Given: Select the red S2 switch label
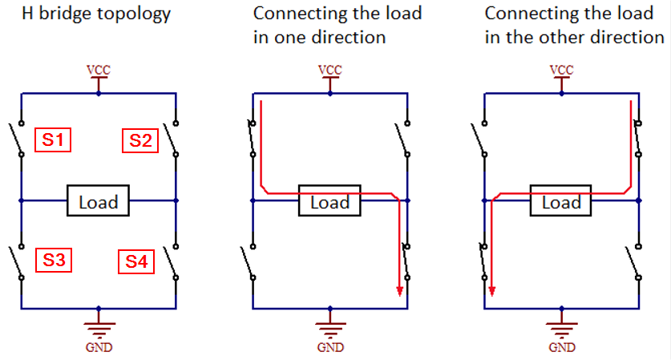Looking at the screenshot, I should (140, 141).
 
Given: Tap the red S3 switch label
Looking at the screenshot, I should (54, 260).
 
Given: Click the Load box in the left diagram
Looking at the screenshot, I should (98, 201).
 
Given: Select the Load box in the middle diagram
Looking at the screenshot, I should (329, 201).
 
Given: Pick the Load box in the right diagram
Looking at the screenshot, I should (561, 201).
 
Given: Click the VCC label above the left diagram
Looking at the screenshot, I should (99, 70).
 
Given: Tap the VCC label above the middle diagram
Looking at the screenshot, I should (329, 70).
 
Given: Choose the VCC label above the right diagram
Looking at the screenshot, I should (562, 70).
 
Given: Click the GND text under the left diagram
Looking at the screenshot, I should (99, 347).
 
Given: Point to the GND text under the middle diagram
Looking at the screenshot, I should (329, 347).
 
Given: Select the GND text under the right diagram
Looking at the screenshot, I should (562, 347).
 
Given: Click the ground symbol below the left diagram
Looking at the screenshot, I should (99, 327).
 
